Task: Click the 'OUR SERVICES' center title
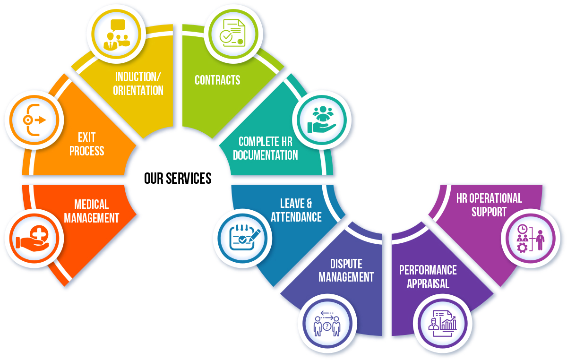pos(178,178)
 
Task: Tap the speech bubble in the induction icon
pos(118,25)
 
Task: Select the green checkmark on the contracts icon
pos(226,36)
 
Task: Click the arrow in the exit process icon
pos(41,120)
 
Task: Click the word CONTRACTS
pos(217,80)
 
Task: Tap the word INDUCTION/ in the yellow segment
pos(138,77)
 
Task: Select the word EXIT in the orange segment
pos(86,137)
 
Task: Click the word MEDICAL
pos(91,205)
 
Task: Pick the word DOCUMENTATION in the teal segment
pos(265,155)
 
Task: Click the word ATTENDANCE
pos(296,217)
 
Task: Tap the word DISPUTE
pos(346,264)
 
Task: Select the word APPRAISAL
pos(428,283)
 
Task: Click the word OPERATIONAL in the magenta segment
pos(495,198)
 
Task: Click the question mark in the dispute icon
pos(327,326)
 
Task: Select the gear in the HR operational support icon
pos(522,248)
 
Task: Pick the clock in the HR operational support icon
pos(522,229)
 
